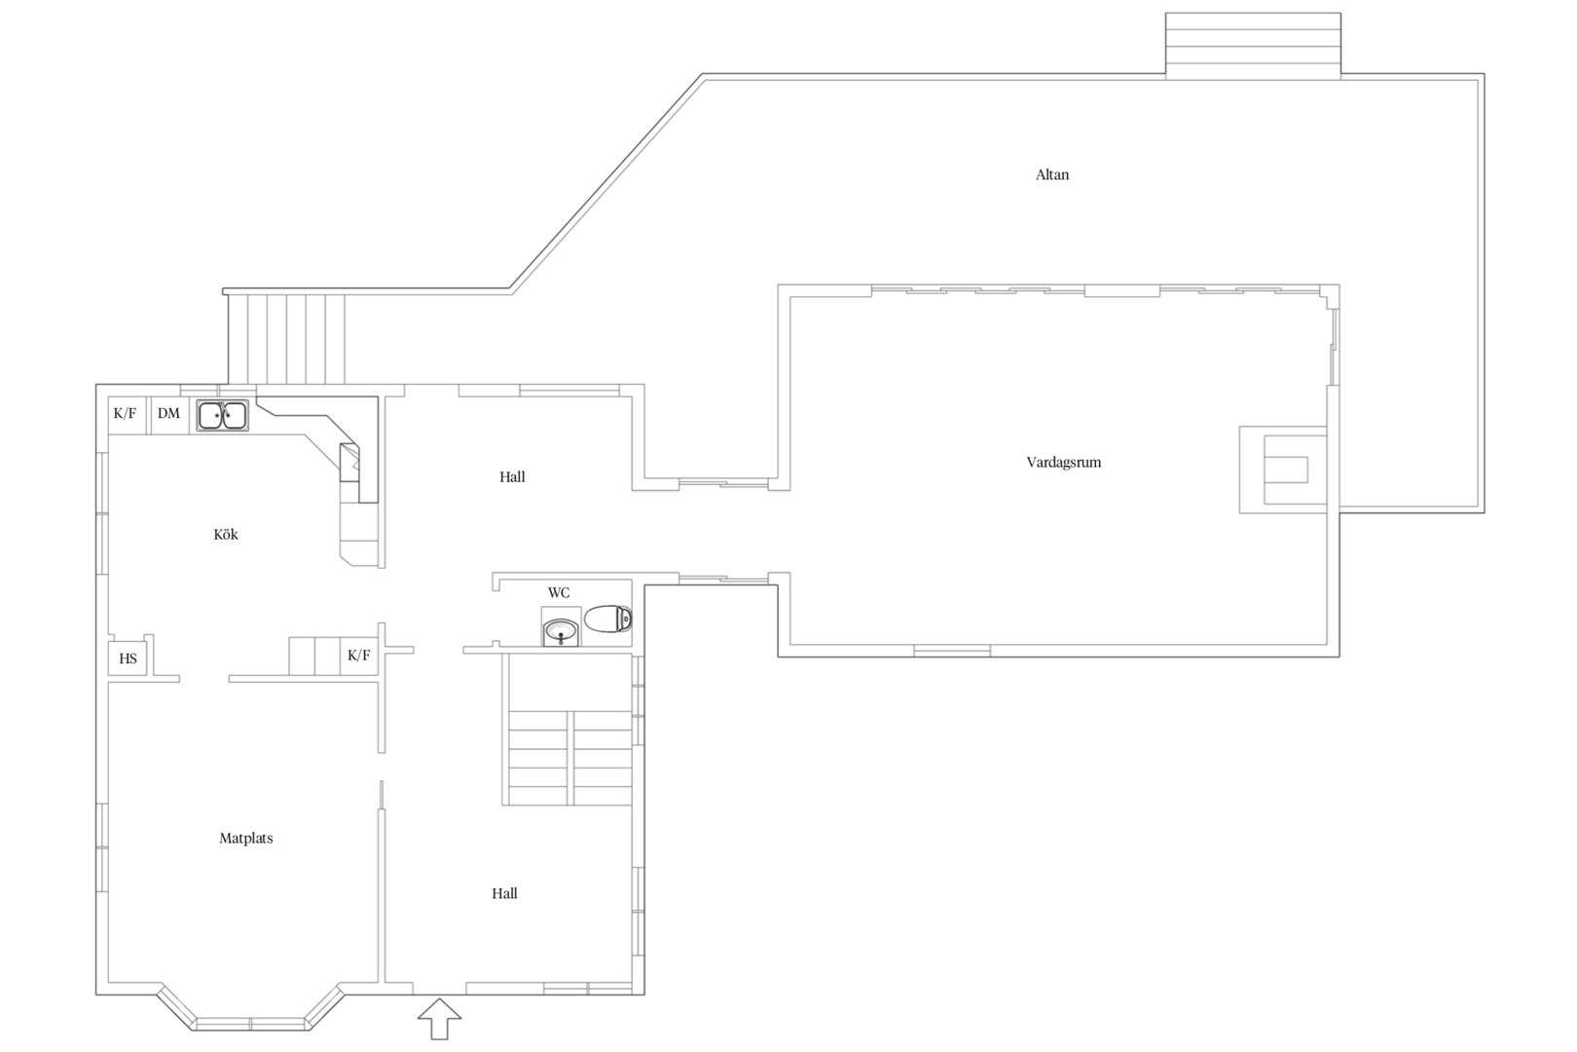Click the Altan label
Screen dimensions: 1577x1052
(x=1051, y=174)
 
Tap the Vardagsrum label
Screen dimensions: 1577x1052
(x=1063, y=463)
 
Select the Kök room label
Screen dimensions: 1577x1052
(x=226, y=535)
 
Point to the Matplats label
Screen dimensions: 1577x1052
(x=245, y=839)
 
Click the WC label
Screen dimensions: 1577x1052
(x=559, y=592)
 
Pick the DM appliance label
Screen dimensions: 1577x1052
(x=168, y=414)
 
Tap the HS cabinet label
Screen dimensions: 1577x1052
(x=128, y=659)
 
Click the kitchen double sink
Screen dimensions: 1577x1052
(x=223, y=416)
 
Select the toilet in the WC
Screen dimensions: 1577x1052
(x=608, y=619)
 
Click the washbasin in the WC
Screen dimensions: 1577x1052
(x=561, y=631)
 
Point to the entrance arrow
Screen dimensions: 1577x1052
(x=439, y=1019)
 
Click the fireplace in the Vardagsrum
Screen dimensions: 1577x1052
(x=1283, y=470)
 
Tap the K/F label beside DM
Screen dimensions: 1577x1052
(x=126, y=414)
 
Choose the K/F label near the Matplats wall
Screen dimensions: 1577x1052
(x=359, y=656)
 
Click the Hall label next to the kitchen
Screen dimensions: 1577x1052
(x=512, y=477)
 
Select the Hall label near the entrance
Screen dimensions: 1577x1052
(x=505, y=894)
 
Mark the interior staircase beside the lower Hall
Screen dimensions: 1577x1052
(x=567, y=730)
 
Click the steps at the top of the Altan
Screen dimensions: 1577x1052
(x=1253, y=46)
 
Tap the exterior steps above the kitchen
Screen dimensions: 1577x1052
(x=286, y=339)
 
